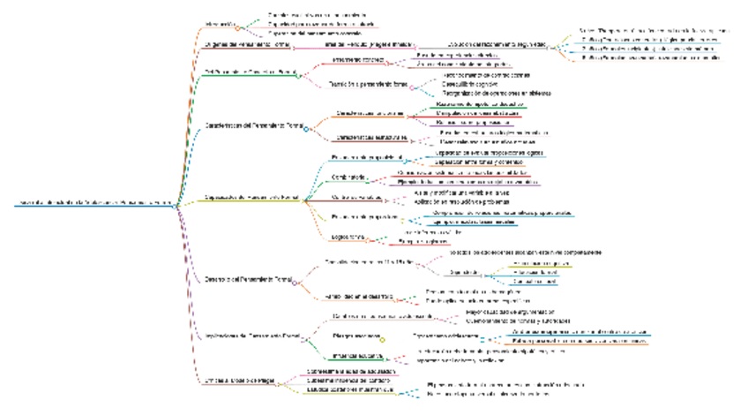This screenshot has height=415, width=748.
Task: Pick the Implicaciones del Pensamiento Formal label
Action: pyautogui.click(x=245, y=336)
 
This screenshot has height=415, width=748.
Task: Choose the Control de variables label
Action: pyautogui.click(x=356, y=197)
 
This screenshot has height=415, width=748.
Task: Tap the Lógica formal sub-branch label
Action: pyautogui.click(x=348, y=238)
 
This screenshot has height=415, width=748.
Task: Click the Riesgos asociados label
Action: pyautogui.click(x=357, y=336)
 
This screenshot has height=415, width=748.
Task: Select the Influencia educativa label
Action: pyautogui.click(x=357, y=356)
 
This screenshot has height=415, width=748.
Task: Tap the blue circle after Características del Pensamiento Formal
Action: pyautogui.click(x=306, y=129)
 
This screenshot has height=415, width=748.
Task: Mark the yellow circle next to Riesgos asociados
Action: pyautogui.click(x=383, y=339)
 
